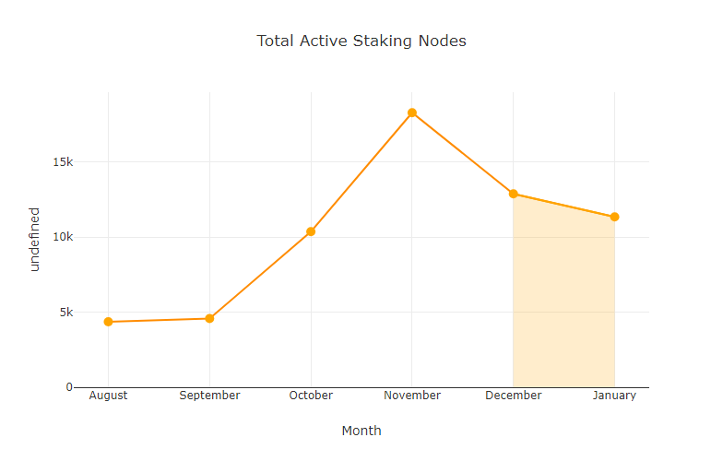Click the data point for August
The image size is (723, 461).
(108, 322)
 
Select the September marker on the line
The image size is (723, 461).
(209, 318)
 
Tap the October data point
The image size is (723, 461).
(311, 231)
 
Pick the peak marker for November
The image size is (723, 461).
(412, 112)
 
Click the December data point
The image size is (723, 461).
(514, 194)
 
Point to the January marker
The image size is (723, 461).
(614, 217)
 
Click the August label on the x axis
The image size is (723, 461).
(108, 396)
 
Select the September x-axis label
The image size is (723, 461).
(209, 396)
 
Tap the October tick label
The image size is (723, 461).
(311, 396)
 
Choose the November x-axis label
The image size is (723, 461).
(412, 396)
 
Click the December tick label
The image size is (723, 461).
(514, 396)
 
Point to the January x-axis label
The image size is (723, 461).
(614, 396)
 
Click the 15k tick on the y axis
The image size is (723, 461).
(63, 162)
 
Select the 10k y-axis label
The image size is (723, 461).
(63, 237)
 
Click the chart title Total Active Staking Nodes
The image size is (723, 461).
(361, 41)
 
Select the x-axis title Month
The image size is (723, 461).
(361, 431)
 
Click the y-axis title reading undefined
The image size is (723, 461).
(35, 239)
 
